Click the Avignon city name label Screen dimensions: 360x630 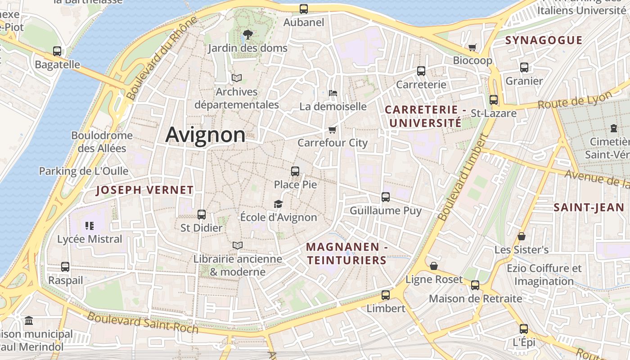[x=206, y=135]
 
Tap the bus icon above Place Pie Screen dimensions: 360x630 [x=295, y=171]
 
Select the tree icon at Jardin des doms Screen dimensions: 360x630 [x=247, y=34]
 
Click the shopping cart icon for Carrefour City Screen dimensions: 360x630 [x=333, y=130]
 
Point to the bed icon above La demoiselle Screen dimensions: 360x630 [x=333, y=93]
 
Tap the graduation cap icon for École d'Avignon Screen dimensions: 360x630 [x=279, y=204]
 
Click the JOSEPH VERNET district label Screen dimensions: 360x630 [x=145, y=190]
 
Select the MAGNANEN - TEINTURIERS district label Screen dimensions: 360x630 [x=346, y=253]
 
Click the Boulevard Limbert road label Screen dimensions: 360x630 [x=463, y=178]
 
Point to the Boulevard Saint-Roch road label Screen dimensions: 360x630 [x=143, y=322]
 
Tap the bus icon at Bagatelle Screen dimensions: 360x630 [x=57, y=51]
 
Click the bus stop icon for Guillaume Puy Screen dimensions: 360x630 [x=386, y=197]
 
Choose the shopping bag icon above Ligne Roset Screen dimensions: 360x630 [x=434, y=266]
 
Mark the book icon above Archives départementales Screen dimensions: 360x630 [x=237, y=78]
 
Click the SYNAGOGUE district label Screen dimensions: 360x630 [x=544, y=40]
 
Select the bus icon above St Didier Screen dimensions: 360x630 [x=202, y=215]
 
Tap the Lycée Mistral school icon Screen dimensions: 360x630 [x=89, y=225]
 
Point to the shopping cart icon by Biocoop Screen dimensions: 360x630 [x=472, y=47]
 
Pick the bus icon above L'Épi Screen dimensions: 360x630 [x=524, y=329]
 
